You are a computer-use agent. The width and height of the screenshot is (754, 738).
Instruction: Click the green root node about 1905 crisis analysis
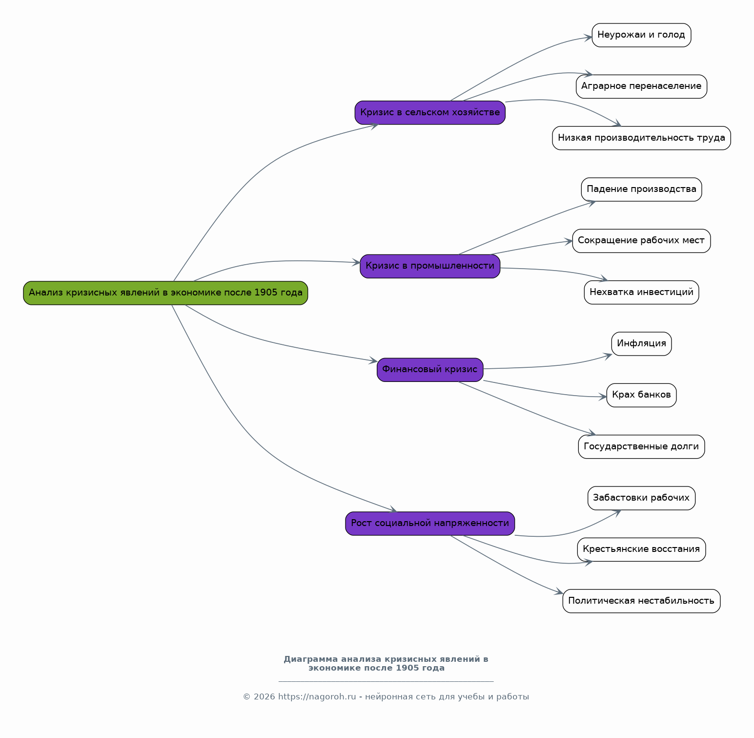point(165,293)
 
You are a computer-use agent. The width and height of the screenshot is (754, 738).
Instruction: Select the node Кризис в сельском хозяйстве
point(430,113)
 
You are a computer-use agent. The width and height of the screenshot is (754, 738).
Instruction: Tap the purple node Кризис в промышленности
point(430,266)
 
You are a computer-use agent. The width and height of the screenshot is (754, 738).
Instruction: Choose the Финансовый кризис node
point(430,370)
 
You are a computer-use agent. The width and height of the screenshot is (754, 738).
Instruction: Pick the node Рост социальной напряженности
point(430,524)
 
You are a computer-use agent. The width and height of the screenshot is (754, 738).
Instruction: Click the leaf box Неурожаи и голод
point(641,35)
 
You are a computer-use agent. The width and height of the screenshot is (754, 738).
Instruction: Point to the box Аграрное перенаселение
point(641,86)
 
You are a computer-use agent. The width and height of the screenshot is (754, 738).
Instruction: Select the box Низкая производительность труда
point(641,138)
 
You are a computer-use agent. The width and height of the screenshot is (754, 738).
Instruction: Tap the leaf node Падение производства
point(641,190)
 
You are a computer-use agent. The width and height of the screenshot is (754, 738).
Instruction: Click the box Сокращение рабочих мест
point(641,241)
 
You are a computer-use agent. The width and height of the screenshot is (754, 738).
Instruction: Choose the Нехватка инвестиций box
point(641,293)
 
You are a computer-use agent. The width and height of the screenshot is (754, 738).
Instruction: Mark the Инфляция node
point(641,344)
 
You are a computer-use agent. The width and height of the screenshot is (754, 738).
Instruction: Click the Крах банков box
point(641,395)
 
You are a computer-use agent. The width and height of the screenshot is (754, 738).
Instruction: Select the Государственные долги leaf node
point(641,447)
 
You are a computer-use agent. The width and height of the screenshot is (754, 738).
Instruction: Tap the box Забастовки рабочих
point(641,498)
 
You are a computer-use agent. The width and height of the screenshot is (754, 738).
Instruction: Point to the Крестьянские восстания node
point(641,549)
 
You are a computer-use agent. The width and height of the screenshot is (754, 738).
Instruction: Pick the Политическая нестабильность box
point(641,601)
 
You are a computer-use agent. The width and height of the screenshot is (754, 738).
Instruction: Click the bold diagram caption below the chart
point(386,664)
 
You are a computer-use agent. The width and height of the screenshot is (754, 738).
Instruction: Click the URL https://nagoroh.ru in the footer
point(317,697)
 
